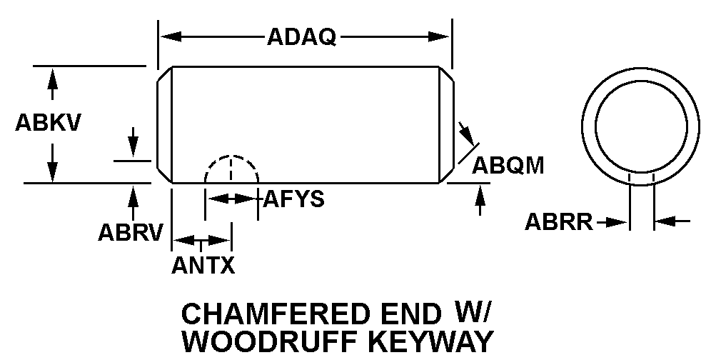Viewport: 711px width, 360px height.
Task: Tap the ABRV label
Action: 131,232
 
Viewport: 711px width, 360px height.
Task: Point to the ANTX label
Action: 203,266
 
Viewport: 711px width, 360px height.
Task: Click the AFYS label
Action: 293,199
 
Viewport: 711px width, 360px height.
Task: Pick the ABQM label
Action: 508,166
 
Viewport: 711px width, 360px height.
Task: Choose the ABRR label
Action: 559,223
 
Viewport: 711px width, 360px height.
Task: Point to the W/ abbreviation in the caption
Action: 473,312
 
